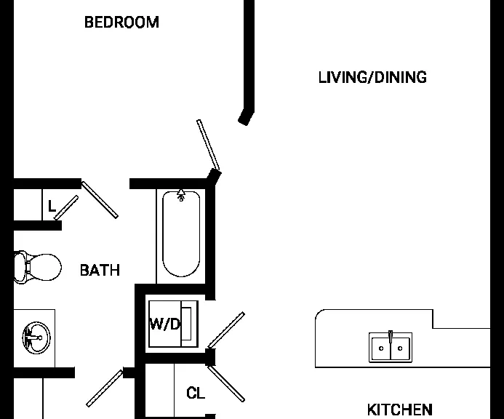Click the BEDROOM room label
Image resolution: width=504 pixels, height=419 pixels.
[x=121, y=23]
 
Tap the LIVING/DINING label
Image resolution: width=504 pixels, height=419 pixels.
[x=372, y=78]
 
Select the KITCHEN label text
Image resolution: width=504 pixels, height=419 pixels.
[x=399, y=410]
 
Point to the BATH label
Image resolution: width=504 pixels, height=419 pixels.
[x=100, y=270]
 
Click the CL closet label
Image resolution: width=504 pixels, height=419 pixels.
[x=196, y=393]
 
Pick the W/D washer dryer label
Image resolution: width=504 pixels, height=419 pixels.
[x=164, y=324]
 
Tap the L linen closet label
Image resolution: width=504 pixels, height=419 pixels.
[x=52, y=206]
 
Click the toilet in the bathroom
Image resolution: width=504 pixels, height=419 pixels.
[x=38, y=267]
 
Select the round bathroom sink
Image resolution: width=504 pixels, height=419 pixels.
[x=36, y=338]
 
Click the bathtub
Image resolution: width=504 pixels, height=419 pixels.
[x=181, y=234]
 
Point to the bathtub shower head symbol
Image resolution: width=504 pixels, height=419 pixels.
[x=181, y=195]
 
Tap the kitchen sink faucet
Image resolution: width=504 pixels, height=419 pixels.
[x=391, y=337]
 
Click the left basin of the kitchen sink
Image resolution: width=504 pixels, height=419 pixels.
[x=381, y=348]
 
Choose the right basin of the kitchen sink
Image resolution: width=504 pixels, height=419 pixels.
[x=400, y=348]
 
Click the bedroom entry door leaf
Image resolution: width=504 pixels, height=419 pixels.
[x=208, y=145]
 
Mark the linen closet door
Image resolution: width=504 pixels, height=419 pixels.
[x=66, y=208]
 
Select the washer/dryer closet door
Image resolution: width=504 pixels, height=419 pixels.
[x=226, y=330]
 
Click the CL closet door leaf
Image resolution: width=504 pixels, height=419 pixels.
[x=226, y=383]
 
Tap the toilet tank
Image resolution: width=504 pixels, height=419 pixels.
[x=20, y=267]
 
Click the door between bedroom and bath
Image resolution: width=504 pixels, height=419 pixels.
[x=100, y=200]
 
